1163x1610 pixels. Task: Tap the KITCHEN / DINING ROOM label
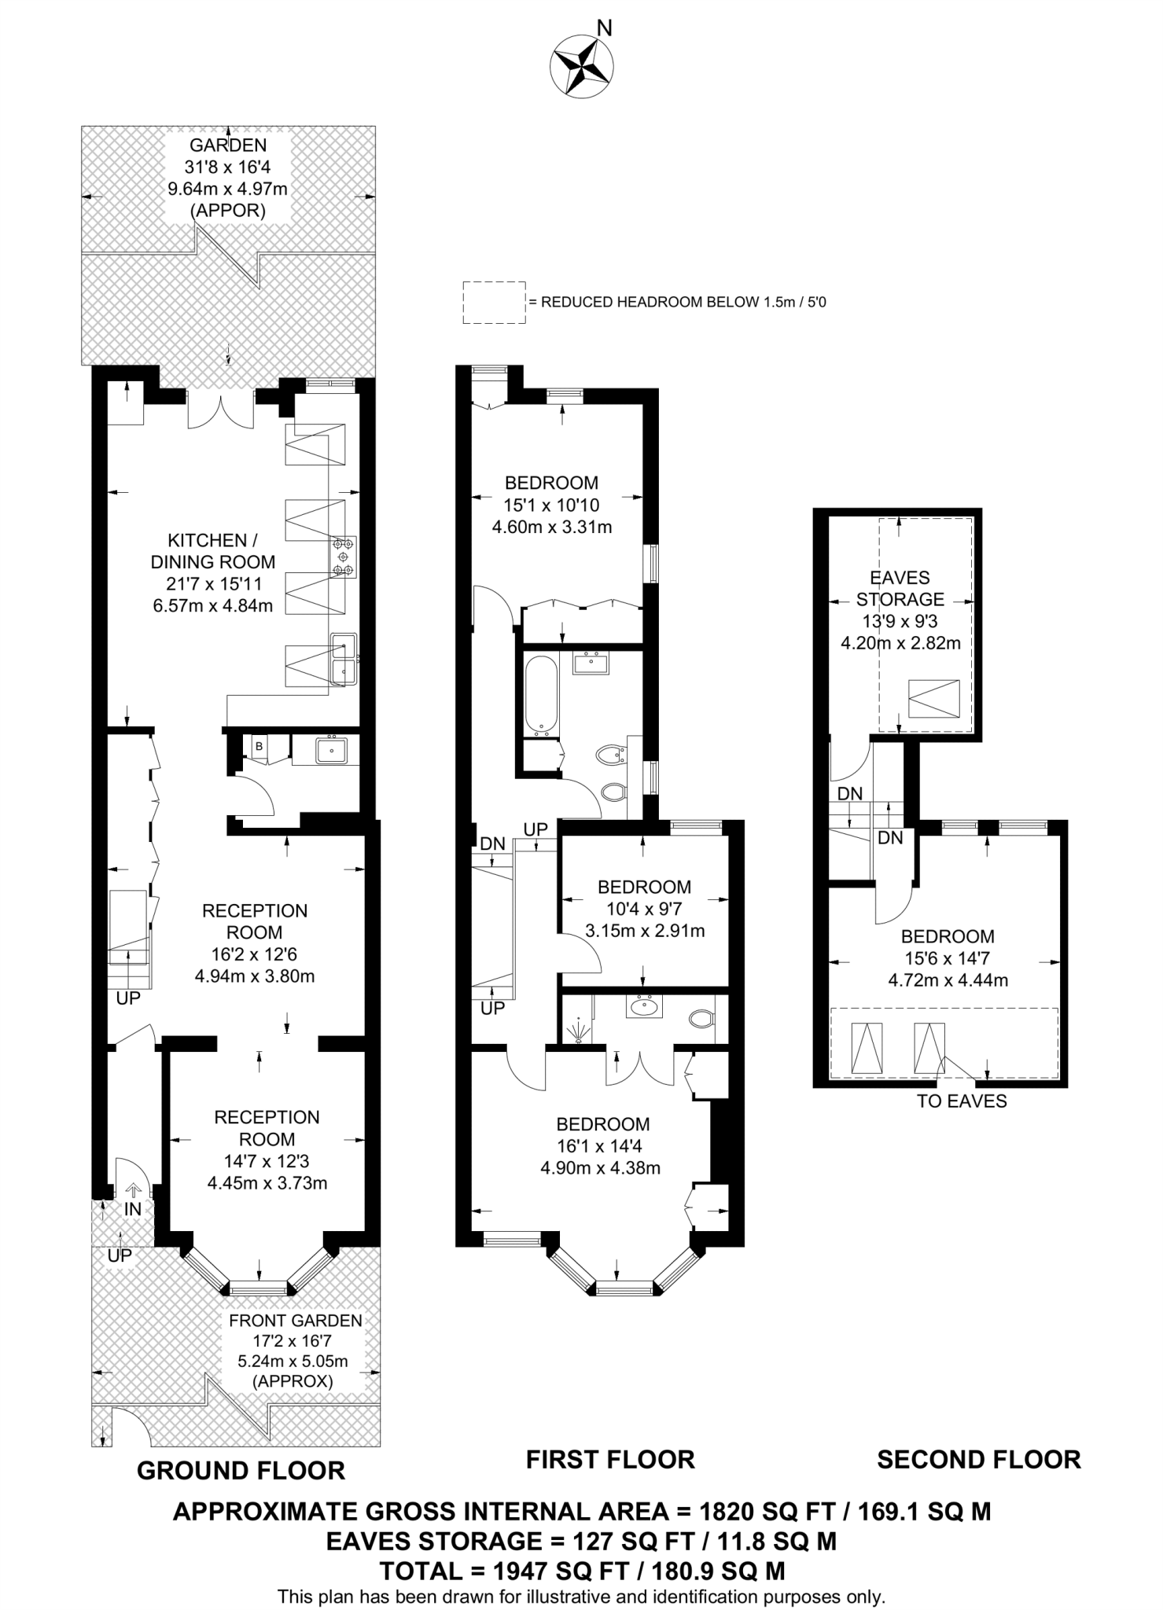[212, 551]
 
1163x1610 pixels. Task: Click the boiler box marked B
[257, 745]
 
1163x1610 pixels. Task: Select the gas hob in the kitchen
[344, 556]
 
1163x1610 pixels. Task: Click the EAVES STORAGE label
[900, 588]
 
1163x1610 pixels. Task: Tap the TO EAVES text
[961, 1101]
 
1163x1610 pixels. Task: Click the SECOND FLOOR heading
[978, 1460]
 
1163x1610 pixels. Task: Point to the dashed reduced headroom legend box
[494, 302]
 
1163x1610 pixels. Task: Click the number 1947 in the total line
[520, 1571]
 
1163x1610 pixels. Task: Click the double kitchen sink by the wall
[344, 660]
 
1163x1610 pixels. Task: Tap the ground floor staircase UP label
[127, 998]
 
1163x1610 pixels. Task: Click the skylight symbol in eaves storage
[934, 698]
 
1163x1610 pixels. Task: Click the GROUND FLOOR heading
[241, 1471]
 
